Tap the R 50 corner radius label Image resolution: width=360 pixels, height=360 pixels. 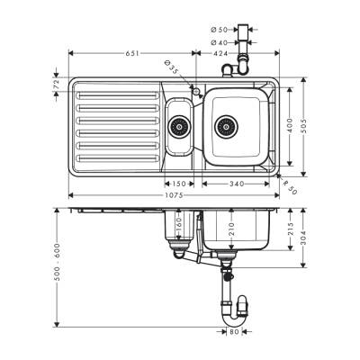[289, 186]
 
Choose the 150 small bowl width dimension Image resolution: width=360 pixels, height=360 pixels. [180, 184]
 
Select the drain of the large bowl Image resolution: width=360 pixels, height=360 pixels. [227, 125]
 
